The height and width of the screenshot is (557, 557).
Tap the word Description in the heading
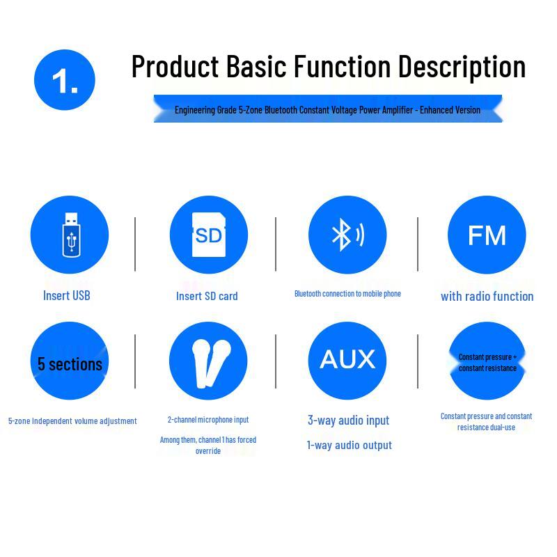point(462,67)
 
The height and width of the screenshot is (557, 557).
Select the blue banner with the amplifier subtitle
point(328,109)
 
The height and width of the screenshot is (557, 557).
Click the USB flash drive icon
point(71,235)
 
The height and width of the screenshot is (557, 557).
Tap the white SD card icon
point(208,235)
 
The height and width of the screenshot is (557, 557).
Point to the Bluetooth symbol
point(340,235)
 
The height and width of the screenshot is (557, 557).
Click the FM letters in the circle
point(487,235)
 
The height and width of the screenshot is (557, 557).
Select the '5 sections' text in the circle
point(70,364)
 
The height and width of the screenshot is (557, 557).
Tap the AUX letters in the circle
point(347,359)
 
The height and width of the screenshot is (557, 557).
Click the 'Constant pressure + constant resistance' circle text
point(487,362)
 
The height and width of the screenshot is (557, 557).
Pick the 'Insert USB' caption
point(66,295)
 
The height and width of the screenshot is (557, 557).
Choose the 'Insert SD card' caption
point(207,296)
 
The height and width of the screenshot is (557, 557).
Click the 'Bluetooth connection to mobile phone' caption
point(347,294)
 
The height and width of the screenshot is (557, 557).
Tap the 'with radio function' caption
point(487,297)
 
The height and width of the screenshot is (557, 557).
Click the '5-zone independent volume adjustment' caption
point(72,421)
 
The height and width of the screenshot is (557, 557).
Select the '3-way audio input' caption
point(349,421)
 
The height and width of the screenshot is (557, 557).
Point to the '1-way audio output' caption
point(350,445)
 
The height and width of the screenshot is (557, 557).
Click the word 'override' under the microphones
point(208,450)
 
